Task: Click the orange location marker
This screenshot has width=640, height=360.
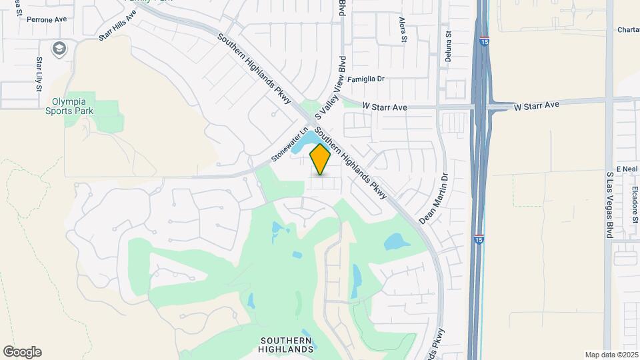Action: (321, 159)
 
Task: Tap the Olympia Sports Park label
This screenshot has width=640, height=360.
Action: (73, 106)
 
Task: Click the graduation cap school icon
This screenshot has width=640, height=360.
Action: (59, 48)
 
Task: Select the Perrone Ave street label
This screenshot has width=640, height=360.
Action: (47, 19)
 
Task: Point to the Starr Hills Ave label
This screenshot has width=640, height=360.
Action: (117, 25)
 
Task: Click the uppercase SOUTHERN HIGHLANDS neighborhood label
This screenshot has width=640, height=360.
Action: (286, 344)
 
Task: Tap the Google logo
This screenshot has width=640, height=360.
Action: (22, 352)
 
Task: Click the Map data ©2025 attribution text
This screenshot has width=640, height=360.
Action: (611, 355)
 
